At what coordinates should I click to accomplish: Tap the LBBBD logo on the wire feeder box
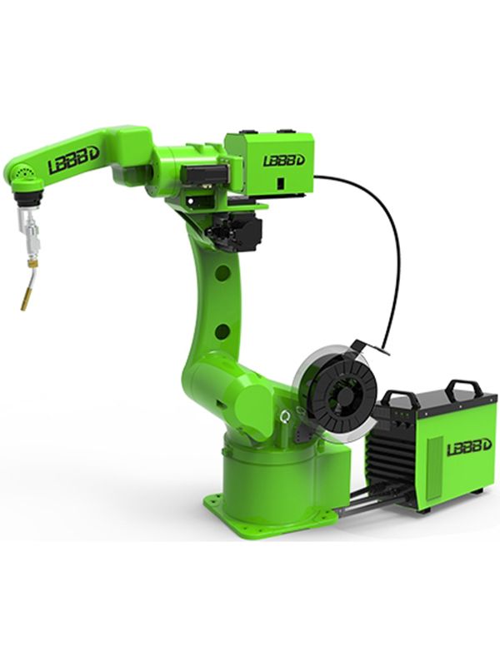click(283, 160)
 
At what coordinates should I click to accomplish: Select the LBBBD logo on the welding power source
click(469, 447)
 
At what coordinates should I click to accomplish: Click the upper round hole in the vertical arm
click(222, 273)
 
